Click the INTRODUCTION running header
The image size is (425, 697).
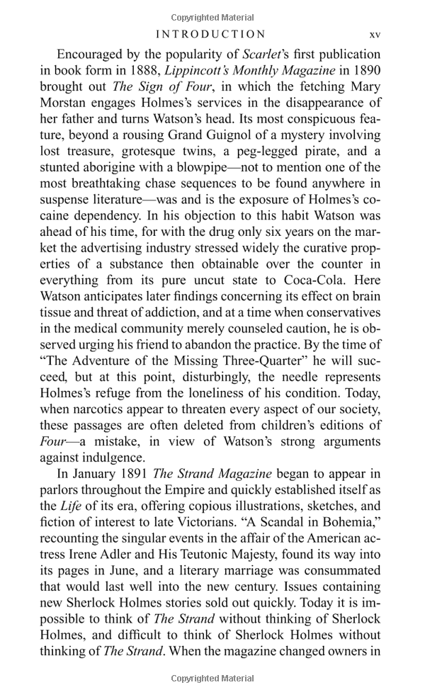(210, 34)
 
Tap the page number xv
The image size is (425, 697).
(375, 34)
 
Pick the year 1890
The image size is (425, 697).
(363, 70)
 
